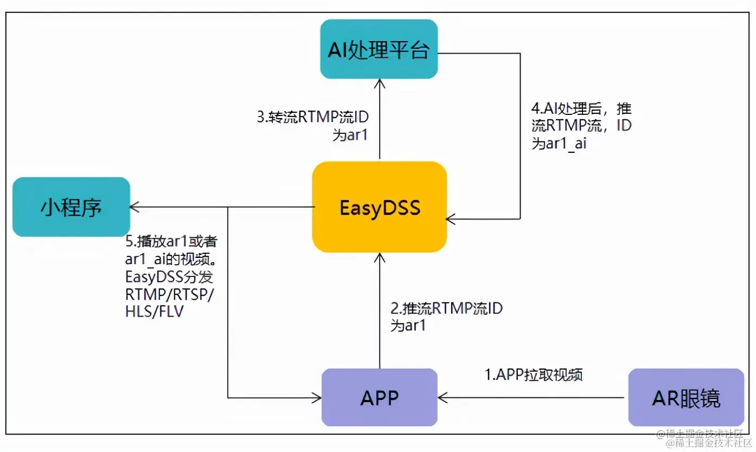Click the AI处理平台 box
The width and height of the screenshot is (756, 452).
379,49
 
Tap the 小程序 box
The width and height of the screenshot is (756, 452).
71,207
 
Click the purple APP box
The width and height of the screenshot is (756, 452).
379,397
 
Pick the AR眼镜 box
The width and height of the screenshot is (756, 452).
685,397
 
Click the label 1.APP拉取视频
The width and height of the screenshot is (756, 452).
533,374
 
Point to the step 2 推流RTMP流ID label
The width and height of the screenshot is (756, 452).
446,317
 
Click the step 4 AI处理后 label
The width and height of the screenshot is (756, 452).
581,126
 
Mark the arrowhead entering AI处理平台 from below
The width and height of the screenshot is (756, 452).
380,83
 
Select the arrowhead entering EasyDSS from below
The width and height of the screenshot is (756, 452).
380,257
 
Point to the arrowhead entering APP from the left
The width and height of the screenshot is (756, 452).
317,398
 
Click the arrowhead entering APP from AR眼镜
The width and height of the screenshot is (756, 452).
443,398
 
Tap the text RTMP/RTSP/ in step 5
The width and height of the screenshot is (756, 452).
169,295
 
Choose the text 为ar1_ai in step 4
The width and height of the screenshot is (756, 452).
559,144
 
